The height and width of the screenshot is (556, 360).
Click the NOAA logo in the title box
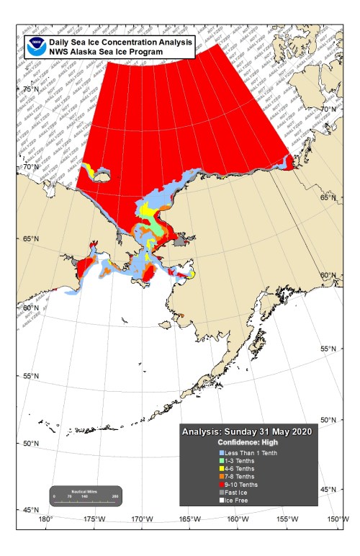35,47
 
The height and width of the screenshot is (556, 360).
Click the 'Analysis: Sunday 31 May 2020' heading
247,433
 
